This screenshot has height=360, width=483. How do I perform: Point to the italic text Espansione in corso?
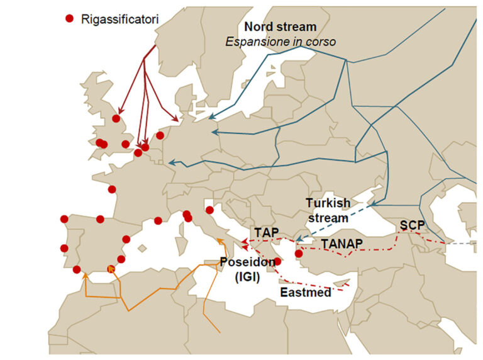pos(280,42)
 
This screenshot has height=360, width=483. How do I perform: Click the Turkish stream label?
pos(327,210)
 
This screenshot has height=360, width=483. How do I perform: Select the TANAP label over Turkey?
pos(343,243)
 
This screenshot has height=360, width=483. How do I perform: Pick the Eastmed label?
pos(306,293)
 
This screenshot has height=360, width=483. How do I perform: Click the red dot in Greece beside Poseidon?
pos(277,261)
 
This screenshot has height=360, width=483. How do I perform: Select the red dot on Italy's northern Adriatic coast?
pos(209,210)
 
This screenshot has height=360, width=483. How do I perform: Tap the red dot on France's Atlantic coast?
pos(112,189)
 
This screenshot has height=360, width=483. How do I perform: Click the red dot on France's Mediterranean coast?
pos(158,220)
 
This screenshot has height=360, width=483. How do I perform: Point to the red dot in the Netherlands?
pos(160,135)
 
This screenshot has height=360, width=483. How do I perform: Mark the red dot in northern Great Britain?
pos(116,118)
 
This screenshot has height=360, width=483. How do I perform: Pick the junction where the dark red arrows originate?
pos(145,59)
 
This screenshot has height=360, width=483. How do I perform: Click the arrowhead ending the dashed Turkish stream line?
pos(296,240)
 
